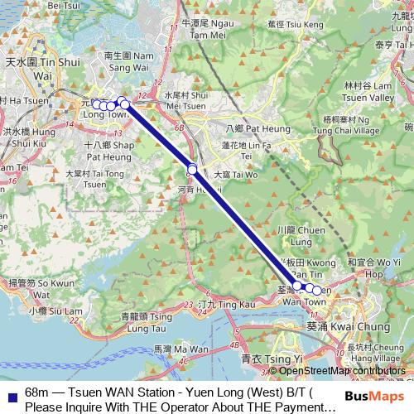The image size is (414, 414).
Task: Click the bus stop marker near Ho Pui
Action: tap(192, 170)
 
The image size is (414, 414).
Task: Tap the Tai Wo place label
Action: tap(236, 175)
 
